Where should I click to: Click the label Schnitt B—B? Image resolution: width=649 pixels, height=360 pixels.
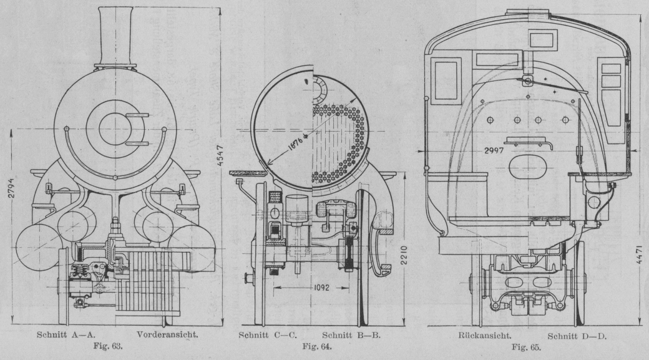pos(353,335)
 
